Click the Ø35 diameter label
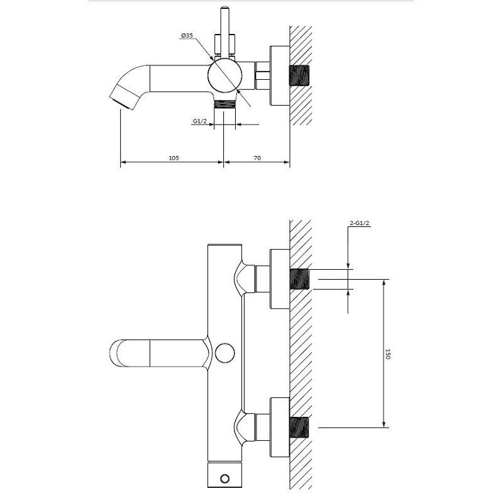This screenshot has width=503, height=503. [x=187, y=35]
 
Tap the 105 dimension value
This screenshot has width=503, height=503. [x=174, y=158]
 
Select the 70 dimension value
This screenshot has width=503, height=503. [x=257, y=158]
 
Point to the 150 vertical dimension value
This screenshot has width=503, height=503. [x=387, y=354]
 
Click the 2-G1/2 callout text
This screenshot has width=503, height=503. [x=359, y=223]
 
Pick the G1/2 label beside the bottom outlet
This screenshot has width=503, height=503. [x=199, y=121]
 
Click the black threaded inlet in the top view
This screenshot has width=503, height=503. [x=300, y=75]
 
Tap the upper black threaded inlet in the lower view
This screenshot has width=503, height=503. [x=300, y=279]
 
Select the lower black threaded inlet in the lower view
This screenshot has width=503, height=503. [x=300, y=428]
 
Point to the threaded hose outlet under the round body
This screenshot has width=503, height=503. [x=224, y=104]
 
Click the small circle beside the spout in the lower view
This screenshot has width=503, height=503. [x=224, y=353]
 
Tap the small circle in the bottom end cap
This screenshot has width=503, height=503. [x=224, y=479]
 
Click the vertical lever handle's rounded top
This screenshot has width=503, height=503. [x=224, y=8]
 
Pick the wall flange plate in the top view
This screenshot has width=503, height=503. [x=280, y=75]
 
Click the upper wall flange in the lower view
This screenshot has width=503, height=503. [x=280, y=279]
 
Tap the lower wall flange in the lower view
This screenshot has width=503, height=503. [x=280, y=428]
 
